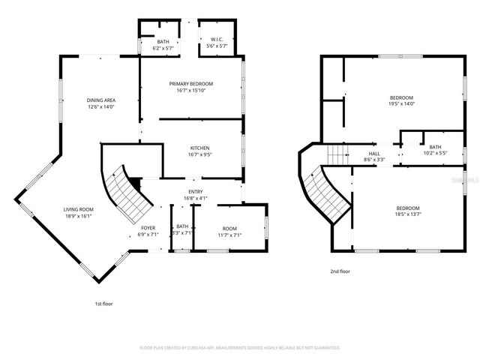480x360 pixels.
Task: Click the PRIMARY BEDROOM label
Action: pyautogui.click(x=191, y=83)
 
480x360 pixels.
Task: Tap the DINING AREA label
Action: pyautogui.click(x=101, y=100)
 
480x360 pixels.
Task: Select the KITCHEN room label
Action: pyautogui.click(x=199, y=148)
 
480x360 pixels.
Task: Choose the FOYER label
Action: pyautogui.click(x=148, y=226)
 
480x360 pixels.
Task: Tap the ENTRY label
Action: pyautogui.click(x=195, y=192)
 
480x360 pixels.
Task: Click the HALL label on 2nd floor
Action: pyautogui.click(x=374, y=153)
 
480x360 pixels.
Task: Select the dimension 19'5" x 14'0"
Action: pyautogui.click(x=402, y=104)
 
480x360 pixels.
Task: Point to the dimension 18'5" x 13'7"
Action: pyautogui.click(x=408, y=214)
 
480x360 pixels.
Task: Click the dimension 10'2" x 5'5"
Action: pyautogui.click(x=435, y=153)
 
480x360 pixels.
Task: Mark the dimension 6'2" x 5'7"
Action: pyautogui.click(x=163, y=48)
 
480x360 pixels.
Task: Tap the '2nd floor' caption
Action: pyautogui.click(x=340, y=271)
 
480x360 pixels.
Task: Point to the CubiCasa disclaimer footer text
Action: pyautogui.click(x=240, y=348)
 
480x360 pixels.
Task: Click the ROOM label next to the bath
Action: pyautogui.click(x=229, y=227)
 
